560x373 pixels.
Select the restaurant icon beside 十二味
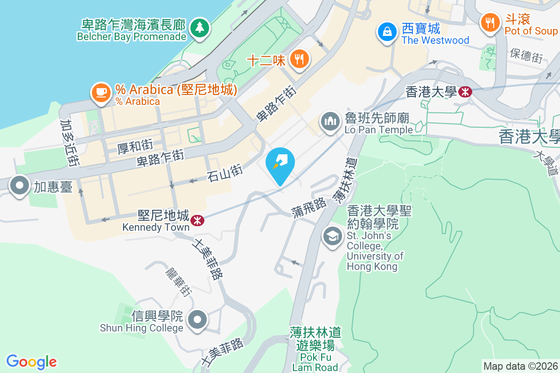[298, 59]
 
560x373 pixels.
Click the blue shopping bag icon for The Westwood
[387, 32]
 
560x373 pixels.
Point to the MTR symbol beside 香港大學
[465, 92]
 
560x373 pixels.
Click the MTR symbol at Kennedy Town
[197, 219]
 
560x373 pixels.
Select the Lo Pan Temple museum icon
[330, 122]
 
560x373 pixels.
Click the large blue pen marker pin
[280, 164]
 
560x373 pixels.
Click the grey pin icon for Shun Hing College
[197, 320]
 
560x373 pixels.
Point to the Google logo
[32, 361]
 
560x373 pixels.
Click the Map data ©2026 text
[520, 366]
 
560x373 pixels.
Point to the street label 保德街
[526, 55]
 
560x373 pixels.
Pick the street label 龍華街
[178, 282]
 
